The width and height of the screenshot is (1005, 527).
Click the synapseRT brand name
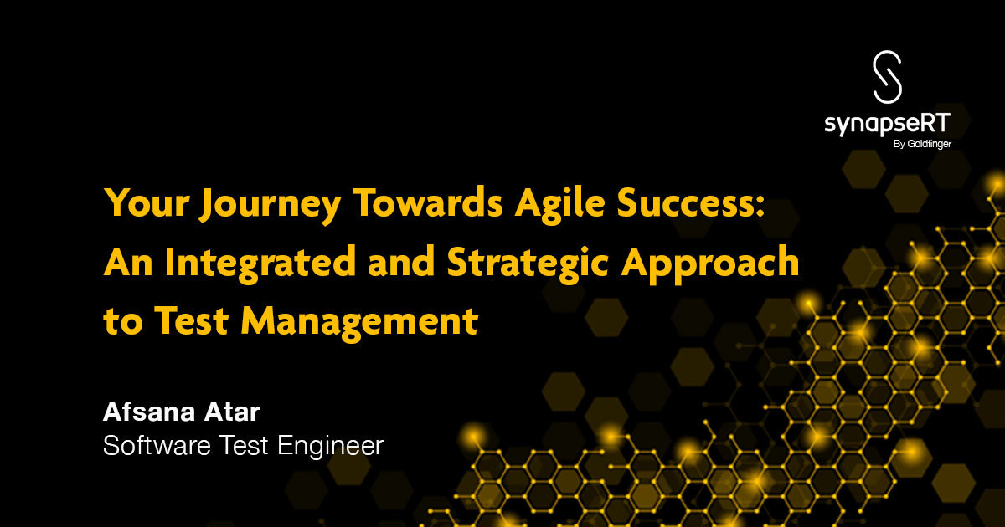[886, 125]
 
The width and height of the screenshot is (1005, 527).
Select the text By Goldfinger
[917, 144]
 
